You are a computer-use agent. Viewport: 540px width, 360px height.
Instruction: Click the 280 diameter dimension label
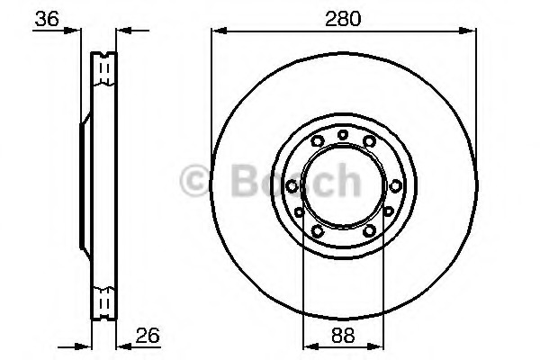point(343,17)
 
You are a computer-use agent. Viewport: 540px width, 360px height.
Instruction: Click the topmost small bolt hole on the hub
point(344,135)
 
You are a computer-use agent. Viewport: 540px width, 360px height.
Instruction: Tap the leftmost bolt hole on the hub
point(292,184)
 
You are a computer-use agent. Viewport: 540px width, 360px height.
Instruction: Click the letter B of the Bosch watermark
point(236,181)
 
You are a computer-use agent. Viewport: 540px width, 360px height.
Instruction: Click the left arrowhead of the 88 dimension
point(307,345)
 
